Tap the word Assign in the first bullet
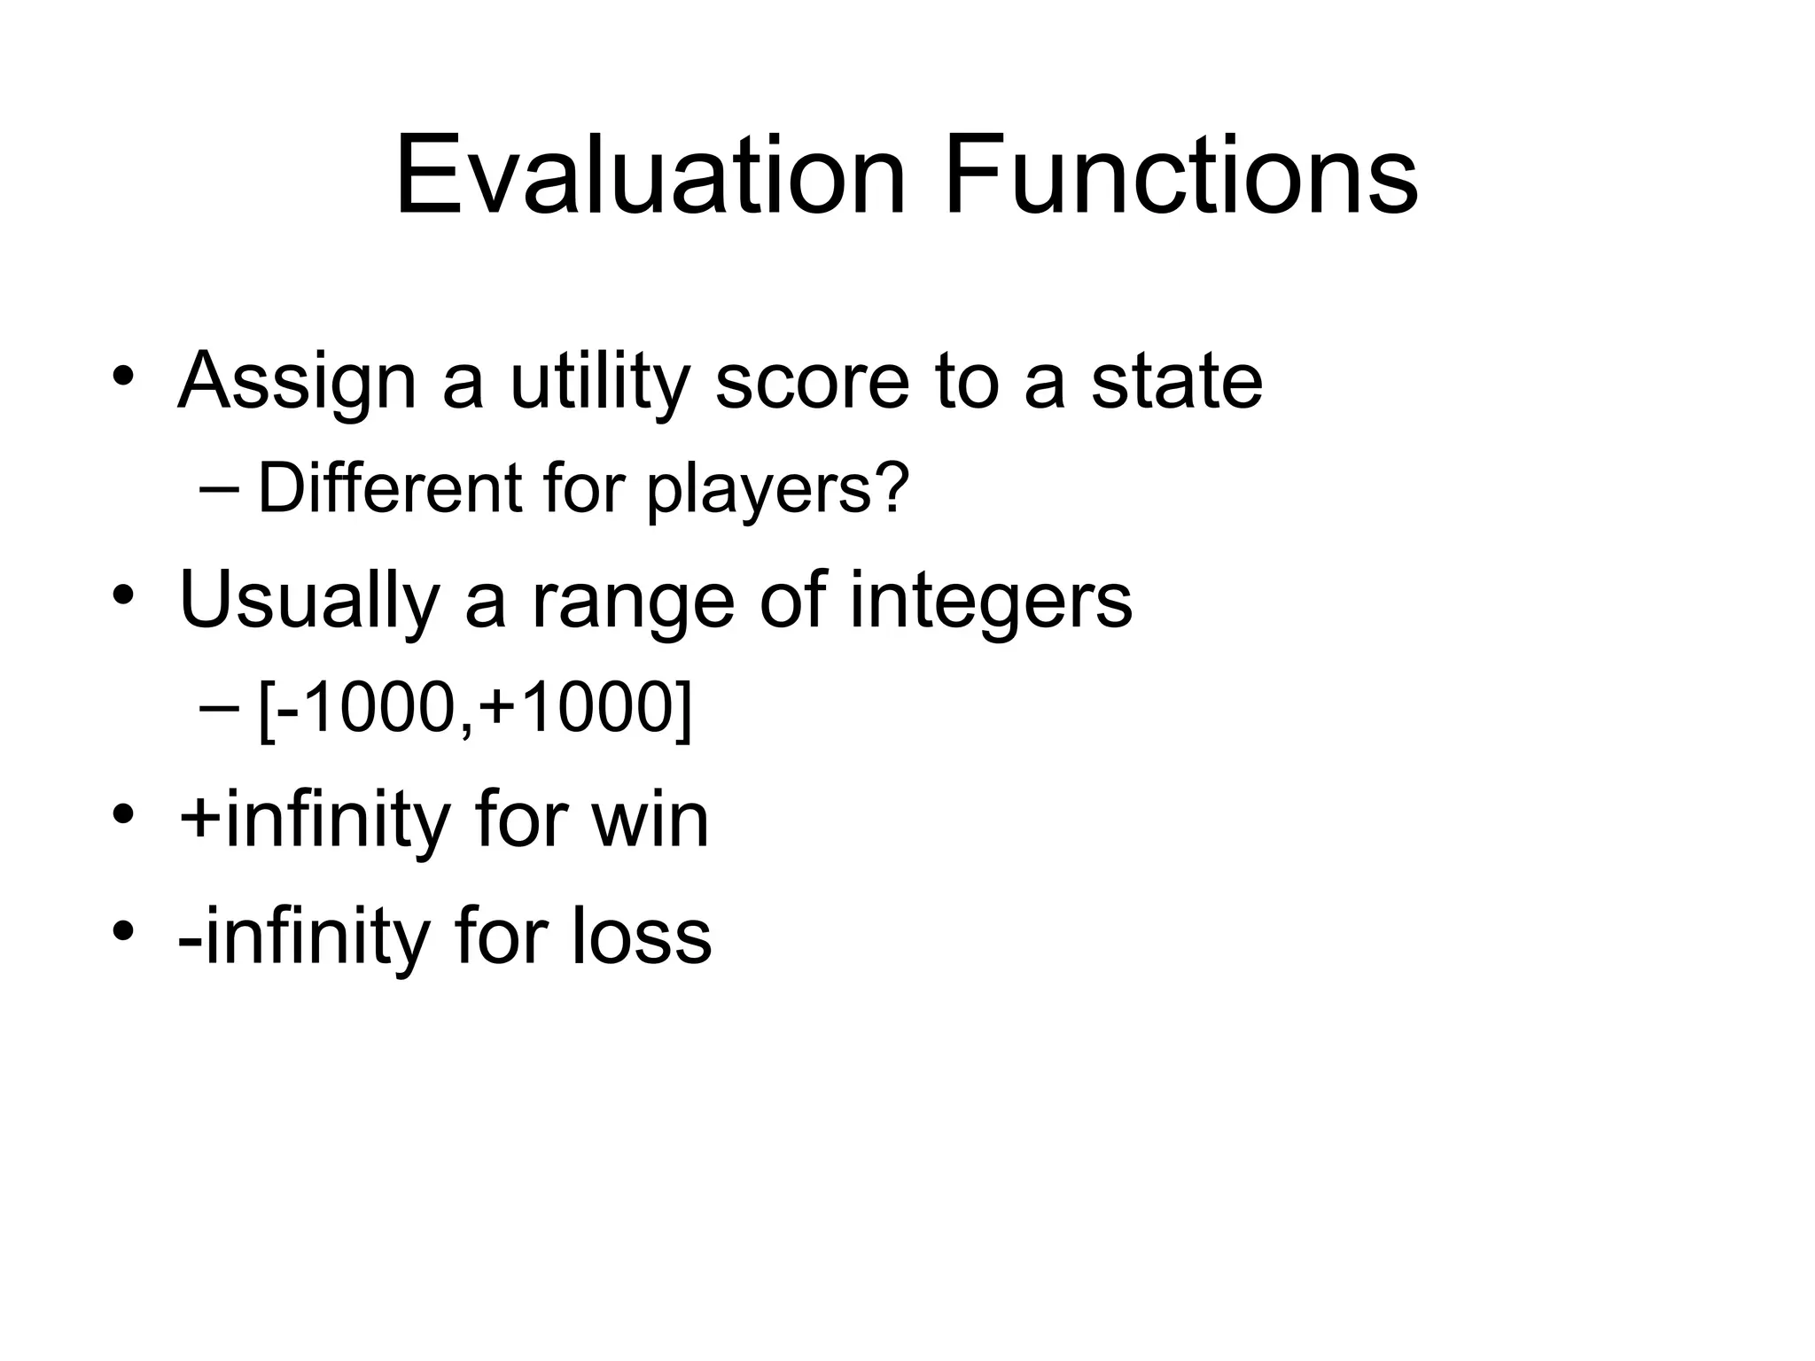pyautogui.click(x=297, y=383)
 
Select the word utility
pyautogui.click(x=599, y=383)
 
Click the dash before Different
pyautogui.click(x=220, y=488)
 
